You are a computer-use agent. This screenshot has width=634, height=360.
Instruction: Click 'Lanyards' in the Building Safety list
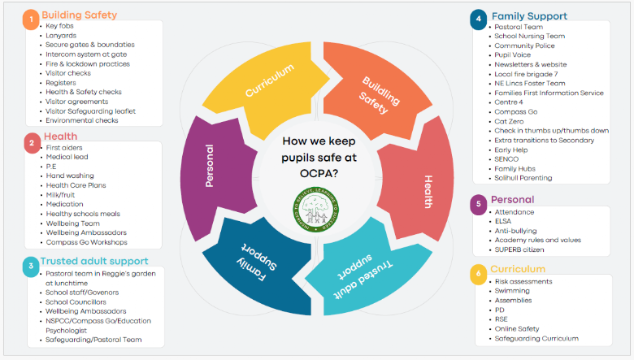click(61, 35)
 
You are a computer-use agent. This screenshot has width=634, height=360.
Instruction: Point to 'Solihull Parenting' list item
click(523, 177)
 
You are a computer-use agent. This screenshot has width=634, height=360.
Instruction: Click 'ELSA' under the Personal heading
click(504, 221)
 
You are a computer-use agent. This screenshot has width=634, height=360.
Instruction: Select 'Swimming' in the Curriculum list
click(514, 291)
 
